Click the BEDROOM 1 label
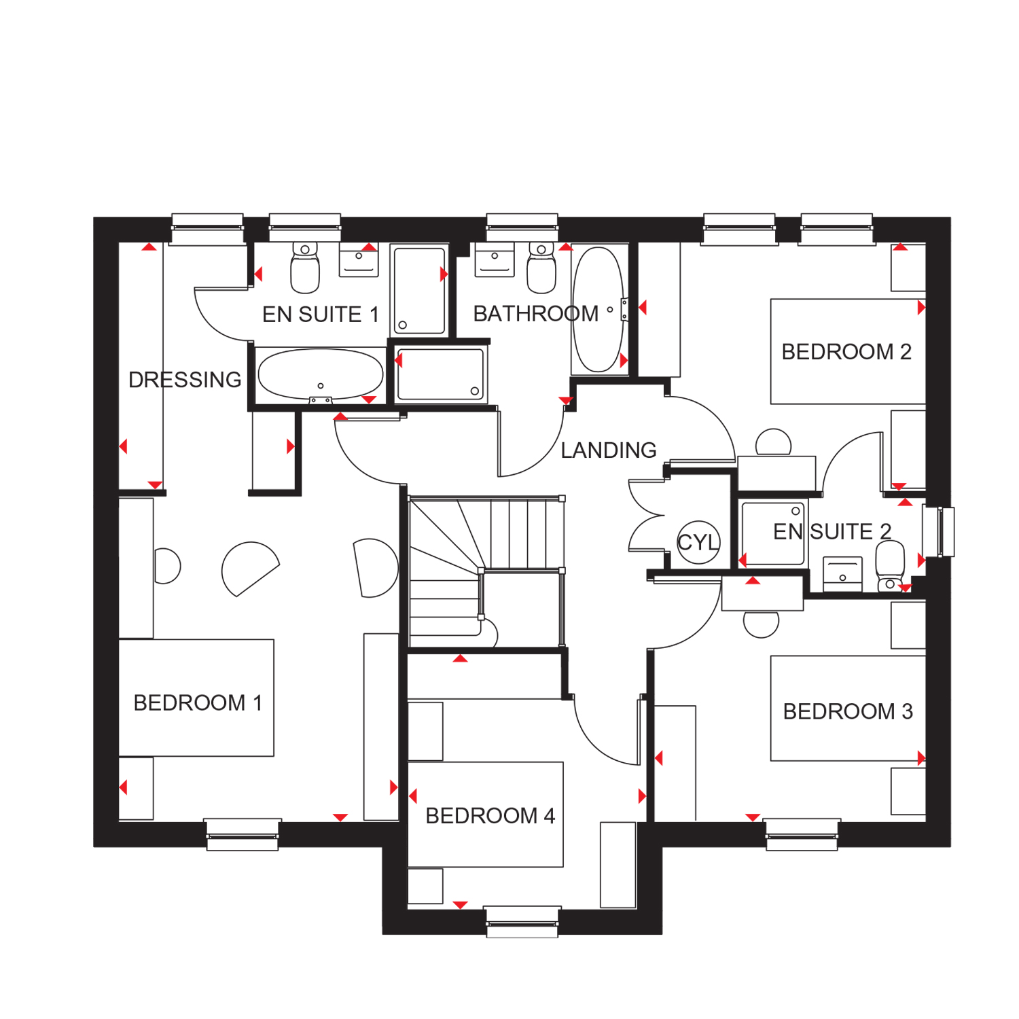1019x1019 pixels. pyautogui.click(x=198, y=702)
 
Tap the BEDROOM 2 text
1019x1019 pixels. pyautogui.click(x=846, y=352)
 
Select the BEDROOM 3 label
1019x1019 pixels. pyautogui.click(x=848, y=711)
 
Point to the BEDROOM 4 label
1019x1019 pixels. pyautogui.click(x=490, y=815)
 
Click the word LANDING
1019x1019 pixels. pyautogui.click(x=609, y=450)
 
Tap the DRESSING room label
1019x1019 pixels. pyautogui.click(x=185, y=380)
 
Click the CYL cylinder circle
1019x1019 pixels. pyautogui.click(x=698, y=542)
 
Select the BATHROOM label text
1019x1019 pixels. pyautogui.click(x=536, y=314)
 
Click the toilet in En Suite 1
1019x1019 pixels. pyautogui.click(x=305, y=268)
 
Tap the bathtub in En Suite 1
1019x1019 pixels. pyautogui.click(x=321, y=374)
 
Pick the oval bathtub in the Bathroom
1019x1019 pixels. pyautogui.click(x=598, y=309)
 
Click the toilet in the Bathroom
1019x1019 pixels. pyautogui.click(x=541, y=268)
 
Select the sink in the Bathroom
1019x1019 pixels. pyautogui.click(x=495, y=260)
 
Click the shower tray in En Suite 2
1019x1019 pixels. pyautogui.click(x=773, y=534)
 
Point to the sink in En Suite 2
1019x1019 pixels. pyautogui.click(x=842, y=574)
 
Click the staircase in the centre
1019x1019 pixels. pyautogui.click(x=486, y=572)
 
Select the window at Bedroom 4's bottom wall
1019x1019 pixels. pyautogui.click(x=522, y=922)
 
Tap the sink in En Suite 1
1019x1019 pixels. pyautogui.click(x=359, y=260)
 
